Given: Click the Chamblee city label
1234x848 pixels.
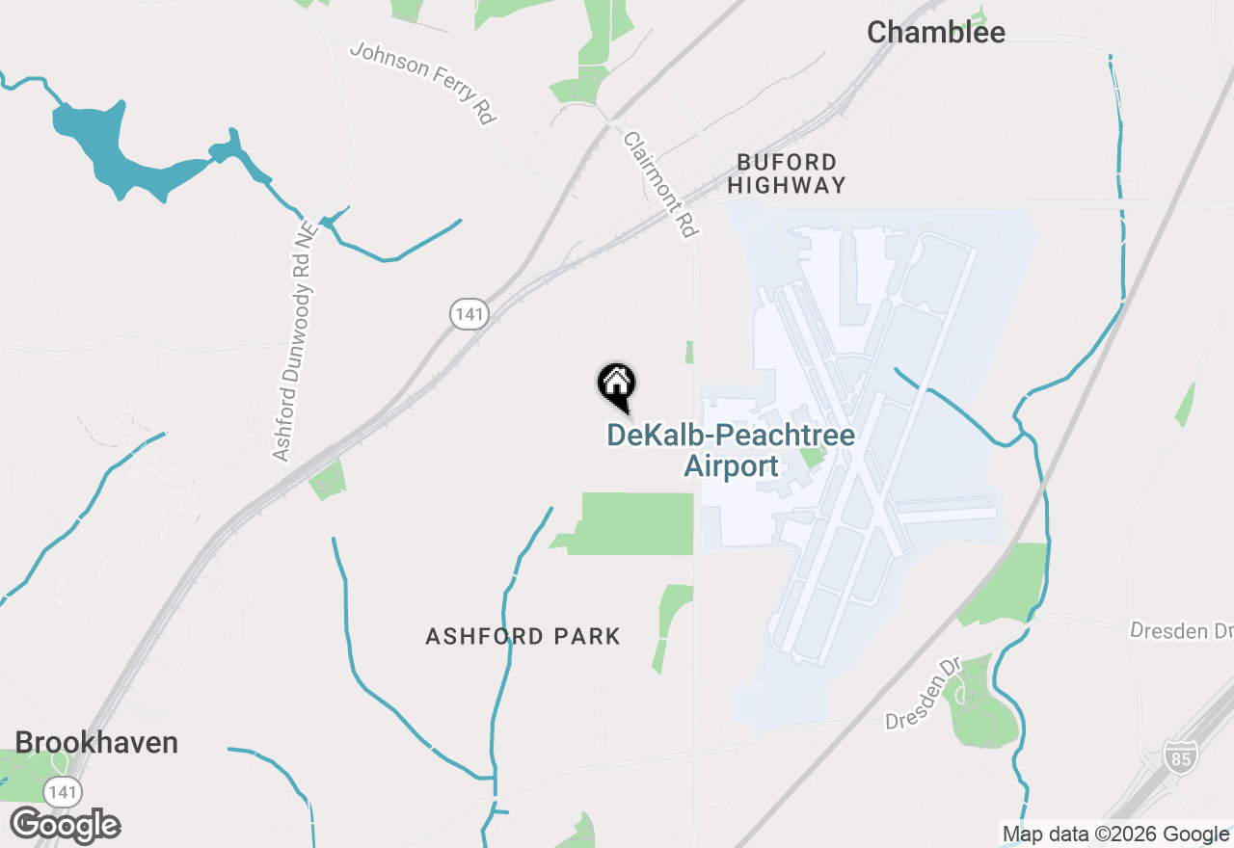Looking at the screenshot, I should (x=935, y=33).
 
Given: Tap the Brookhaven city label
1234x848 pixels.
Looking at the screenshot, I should (x=96, y=743).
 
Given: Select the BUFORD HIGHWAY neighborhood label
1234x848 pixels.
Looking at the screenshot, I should (x=787, y=173).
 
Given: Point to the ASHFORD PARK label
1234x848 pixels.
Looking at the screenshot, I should (x=523, y=637).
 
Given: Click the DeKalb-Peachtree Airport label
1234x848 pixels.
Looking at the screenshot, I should (x=731, y=450).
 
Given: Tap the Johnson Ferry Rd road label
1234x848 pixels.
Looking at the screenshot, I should (x=423, y=82).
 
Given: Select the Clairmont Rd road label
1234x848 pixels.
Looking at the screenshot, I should (x=660, y=183).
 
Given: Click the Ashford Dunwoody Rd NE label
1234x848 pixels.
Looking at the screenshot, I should (x=294, y=342).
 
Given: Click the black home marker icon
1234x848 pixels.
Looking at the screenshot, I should (x=617, y=384).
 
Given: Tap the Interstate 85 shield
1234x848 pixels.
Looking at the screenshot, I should (x=1179, y=756).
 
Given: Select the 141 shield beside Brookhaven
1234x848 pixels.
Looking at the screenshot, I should (x=62, y=791).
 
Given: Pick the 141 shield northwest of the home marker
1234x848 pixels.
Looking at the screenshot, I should (x=469, y=312).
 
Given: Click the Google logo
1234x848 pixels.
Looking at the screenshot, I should (x=66, y=825).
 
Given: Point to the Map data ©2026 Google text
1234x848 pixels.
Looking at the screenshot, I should (x=1114, y=835).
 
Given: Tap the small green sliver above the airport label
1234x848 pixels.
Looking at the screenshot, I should (x=689, y=352).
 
